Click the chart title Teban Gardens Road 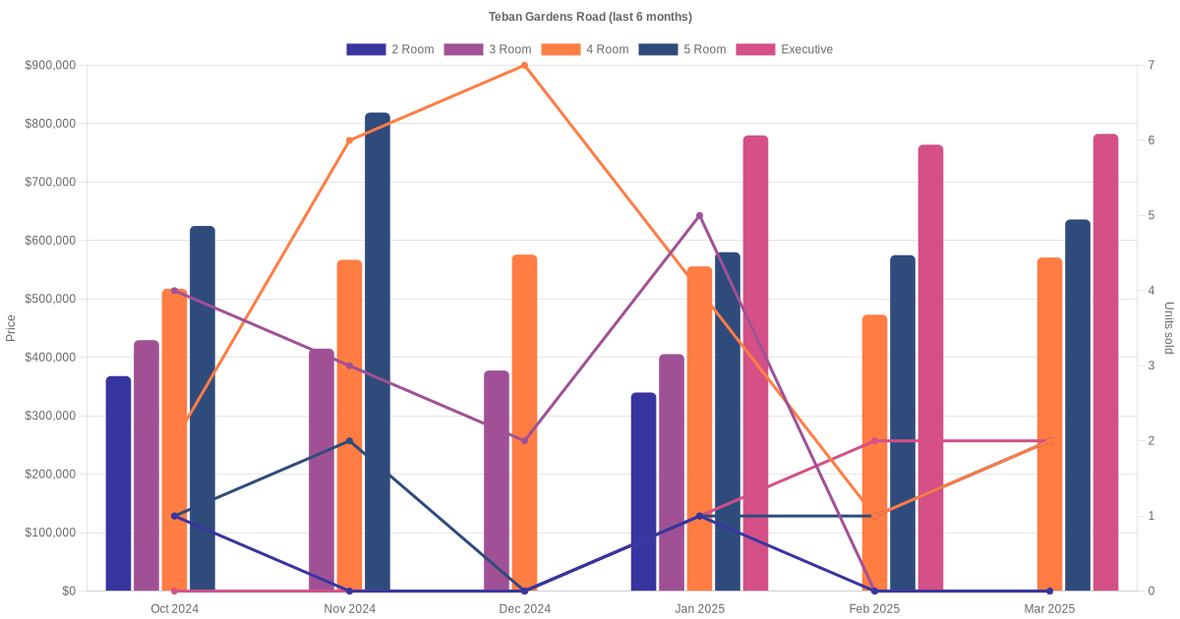tap(590, 17)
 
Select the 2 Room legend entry tap(390, 49)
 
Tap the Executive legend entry tap(785, 49)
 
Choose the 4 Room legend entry tap(585, 49)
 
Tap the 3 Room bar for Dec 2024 tap(497, 480)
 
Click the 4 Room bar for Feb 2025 tap(874, 453)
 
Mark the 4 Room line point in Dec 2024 tap(524, 66)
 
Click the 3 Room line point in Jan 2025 tap(699, 215)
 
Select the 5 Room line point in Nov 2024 tap(349, 441)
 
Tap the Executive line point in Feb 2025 tap(874, 441)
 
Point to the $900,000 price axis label tap(50, 66)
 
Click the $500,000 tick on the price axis tap(50, 299)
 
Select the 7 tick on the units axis tap(1150, 66)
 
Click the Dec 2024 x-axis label tap(524, 609)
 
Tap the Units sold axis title tap(1168, 328)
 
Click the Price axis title tap(11, 328)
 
